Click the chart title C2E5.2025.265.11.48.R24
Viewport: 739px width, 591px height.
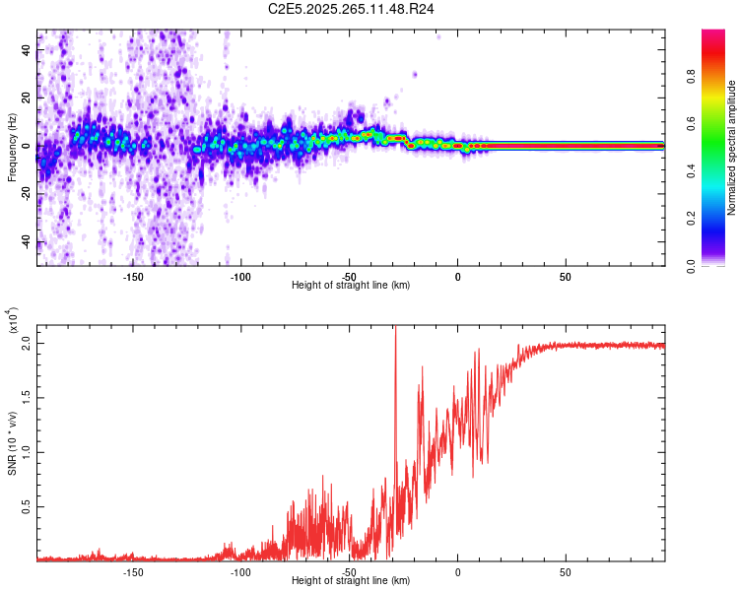[352, 9]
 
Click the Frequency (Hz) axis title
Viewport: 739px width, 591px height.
[12, 147]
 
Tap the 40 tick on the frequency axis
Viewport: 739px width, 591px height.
[27, 50]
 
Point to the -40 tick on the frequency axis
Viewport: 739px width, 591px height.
[27, 242]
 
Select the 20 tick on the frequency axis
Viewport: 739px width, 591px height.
[27, 98]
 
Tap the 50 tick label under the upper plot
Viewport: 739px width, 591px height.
[566, 276]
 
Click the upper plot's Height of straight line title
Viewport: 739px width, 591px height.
[351, 286]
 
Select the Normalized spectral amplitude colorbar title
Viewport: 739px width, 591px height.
[732, 148]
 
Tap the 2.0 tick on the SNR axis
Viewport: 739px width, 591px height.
[27, 345]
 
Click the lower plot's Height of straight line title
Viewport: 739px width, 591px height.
[351, 581]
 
